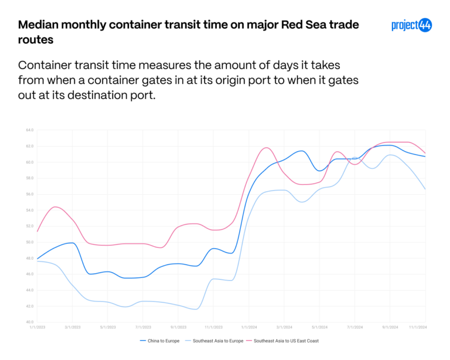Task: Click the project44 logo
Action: (411, 25)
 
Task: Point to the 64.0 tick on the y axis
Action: (29, 130)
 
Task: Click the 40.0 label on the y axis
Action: (29, 322)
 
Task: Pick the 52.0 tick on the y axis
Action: (29, 226)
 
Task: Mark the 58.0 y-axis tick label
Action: (29, 178)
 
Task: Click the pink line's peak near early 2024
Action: (266, 148)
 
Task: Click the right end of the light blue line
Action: (425, 189)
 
